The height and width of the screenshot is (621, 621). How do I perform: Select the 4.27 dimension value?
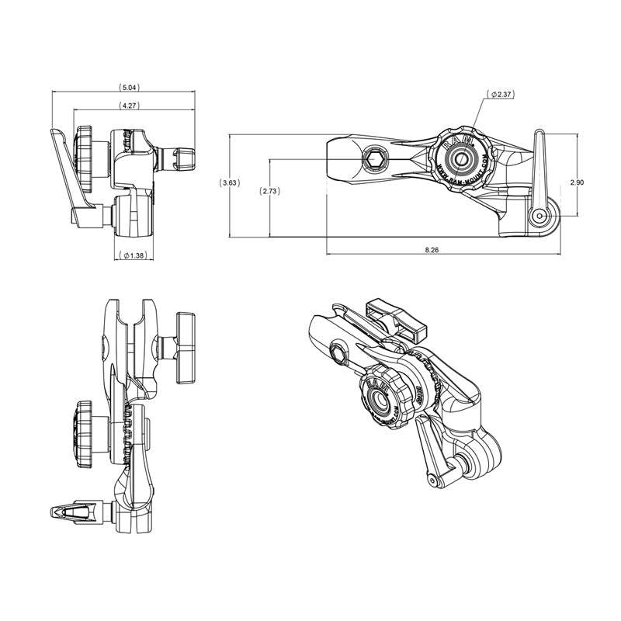[x=129, y=105]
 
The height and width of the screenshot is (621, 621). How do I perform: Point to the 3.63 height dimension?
[x=231, y=183]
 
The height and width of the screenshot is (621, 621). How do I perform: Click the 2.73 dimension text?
[x=270, y=191]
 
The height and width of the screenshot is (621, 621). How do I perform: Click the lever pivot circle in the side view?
[x=540, y=214]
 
